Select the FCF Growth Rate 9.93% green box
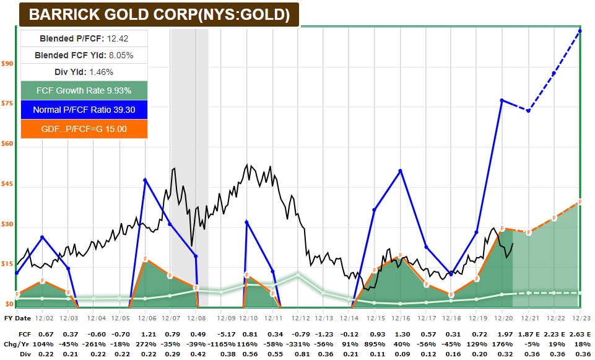[84, 90]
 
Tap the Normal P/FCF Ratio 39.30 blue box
[84, 110]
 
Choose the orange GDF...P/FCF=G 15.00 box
[84, 129]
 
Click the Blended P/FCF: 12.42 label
[84, 38]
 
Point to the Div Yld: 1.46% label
[84, 72]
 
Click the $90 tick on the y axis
[7, 63]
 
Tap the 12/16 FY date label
[400, 317]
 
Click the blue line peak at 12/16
[401, 170]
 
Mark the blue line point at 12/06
[145, 180]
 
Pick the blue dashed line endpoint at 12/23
[580, 30]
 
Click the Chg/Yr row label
[17, 344]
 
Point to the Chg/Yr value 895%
[374, 344]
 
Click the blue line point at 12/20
[502, 100]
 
